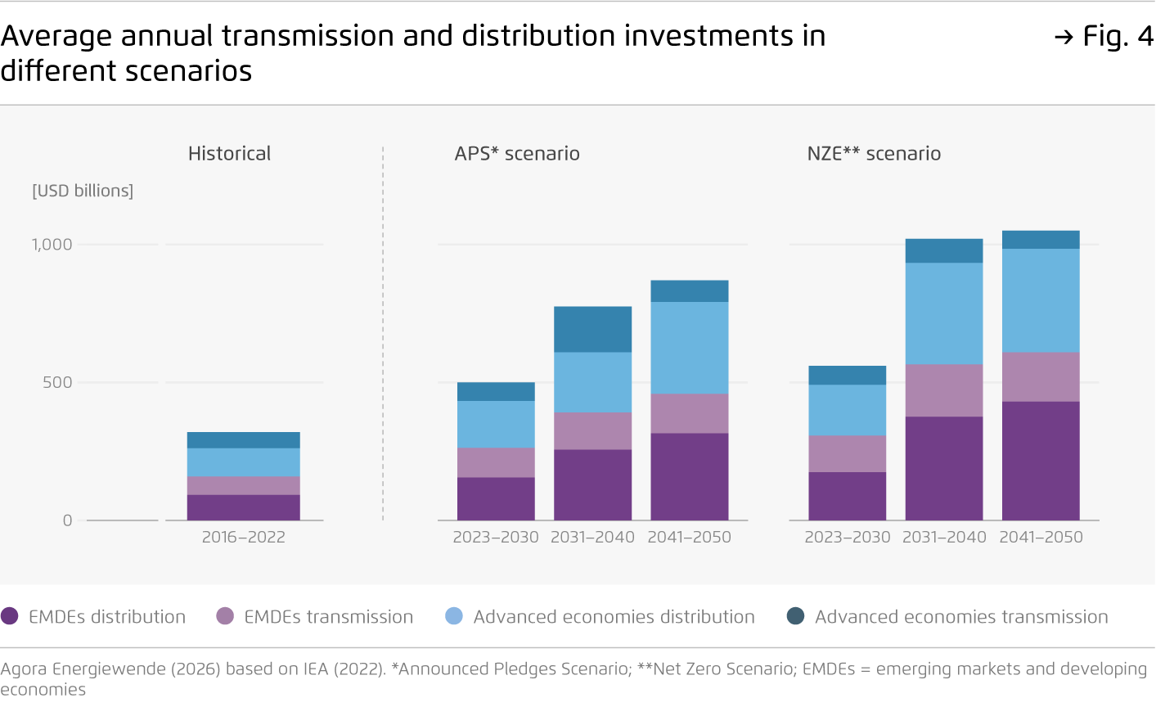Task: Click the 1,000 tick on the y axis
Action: pos(52,245)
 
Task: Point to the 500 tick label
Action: pos(57,382)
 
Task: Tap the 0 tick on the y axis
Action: pos(67,520)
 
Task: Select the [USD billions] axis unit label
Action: pos(83,191)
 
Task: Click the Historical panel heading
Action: pos(229,154)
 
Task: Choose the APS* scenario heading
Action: pos(517,154)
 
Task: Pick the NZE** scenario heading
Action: pos(874,154)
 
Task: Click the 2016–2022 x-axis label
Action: pos(244,538)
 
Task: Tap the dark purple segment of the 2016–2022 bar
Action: pos(244,507)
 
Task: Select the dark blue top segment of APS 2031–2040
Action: pos(592,329)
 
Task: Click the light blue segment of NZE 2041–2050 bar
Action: pos(1041,300)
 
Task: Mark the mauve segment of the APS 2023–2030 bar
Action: pos(496,462)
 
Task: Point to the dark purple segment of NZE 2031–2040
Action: pos(944,468)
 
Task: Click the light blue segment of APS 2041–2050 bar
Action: pos(690,348)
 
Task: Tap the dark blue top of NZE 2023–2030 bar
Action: pos(848,375)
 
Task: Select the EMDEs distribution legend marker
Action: pos(10,616)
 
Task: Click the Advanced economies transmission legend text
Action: pos(961,617)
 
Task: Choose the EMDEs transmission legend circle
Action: pos(226,616)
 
